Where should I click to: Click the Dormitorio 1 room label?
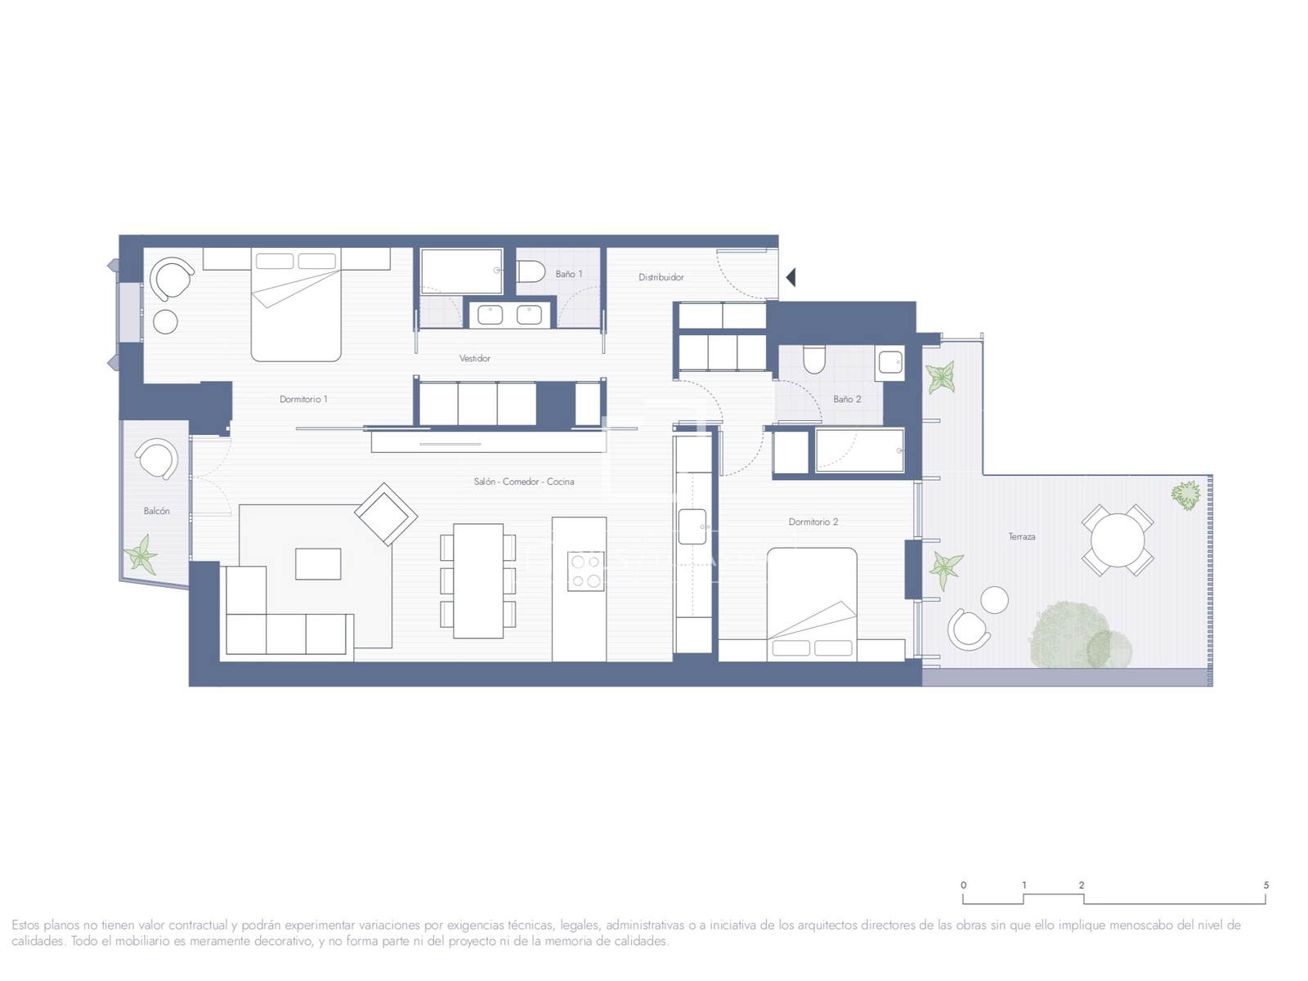click(x=303, y=399)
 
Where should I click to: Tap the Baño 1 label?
click(x=568, y=274)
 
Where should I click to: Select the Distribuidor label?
click(x=661, y=277)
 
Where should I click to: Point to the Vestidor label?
click(x=474, y=358)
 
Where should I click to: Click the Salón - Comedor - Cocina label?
click(x=524, y=482)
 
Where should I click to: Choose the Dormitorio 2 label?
click(x=813, y=522)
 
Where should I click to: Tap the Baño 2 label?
click(x=847, y=399)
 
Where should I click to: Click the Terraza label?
click(x=1021, y=536)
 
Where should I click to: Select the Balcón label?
click(x=156, y=511)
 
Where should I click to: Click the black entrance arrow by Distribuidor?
click(x=791, y=277)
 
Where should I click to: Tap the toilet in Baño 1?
click(x=531, y=272)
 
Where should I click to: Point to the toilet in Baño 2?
click(x=813, y=359)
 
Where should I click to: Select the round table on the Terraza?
click(x=1118, y=540)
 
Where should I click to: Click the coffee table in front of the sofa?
click(x=318, y=563)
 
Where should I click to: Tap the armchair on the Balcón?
click(x=157, y=459)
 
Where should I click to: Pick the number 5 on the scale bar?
click(x=1266, y=885)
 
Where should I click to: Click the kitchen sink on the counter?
click(x=692, y=526)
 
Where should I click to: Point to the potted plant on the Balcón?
click(x=141, y=554)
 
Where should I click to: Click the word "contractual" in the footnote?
click(x=199, y=925)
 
